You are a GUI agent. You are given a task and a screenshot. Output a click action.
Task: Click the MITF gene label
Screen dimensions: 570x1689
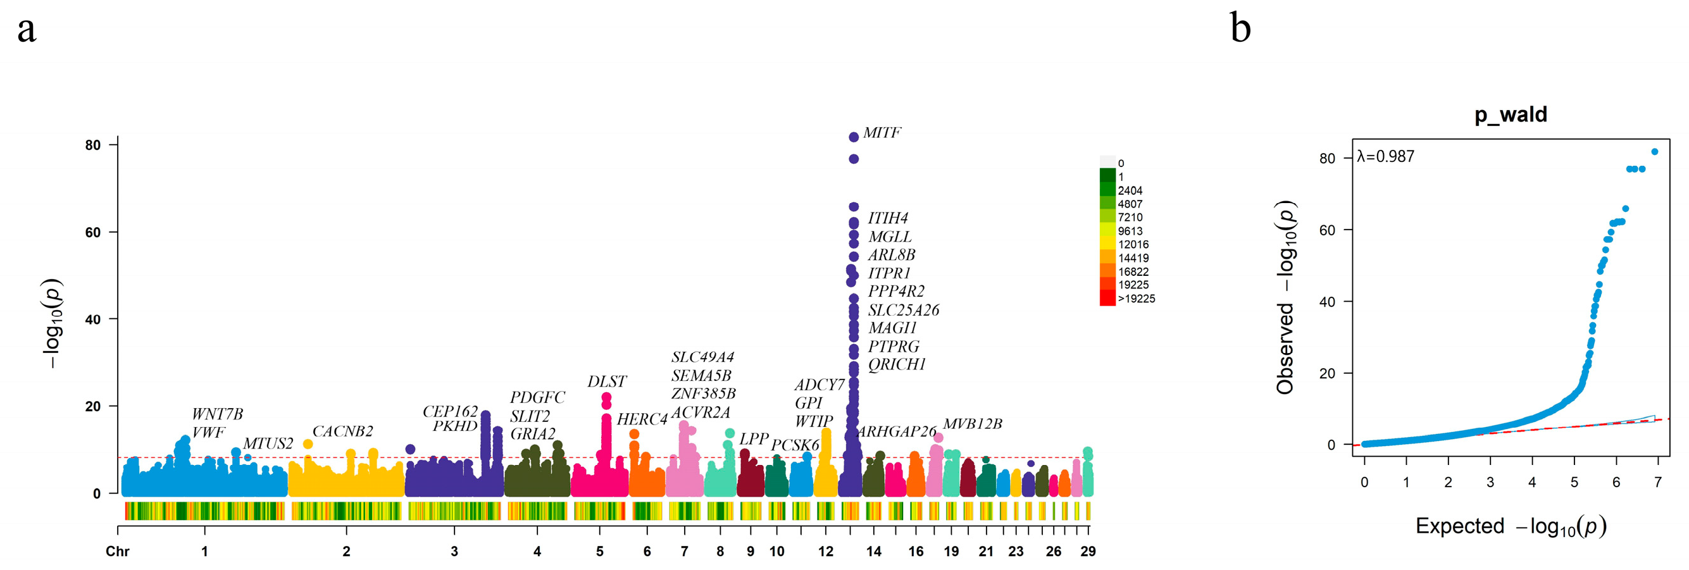coord(882,133)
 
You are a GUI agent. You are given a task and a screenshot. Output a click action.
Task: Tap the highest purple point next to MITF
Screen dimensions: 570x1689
coord(854,137)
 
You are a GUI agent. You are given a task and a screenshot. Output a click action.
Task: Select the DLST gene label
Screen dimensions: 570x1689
coord(606,381)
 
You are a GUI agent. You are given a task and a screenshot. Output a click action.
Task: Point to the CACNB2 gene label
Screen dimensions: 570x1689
coord(342,431)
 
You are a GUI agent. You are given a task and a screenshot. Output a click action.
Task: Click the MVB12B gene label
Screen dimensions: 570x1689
coord(973,424)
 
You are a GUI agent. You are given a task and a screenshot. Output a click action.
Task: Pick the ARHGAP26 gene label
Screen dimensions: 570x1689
coord(897,431)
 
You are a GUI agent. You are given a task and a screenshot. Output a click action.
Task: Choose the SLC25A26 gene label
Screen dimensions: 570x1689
coord(904,310)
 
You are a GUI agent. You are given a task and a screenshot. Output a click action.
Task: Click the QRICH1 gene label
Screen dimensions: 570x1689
coord(896,364)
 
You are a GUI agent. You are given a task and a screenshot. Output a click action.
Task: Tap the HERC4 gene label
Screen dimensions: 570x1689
coord(642,419)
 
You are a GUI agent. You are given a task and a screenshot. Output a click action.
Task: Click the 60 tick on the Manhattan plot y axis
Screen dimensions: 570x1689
coord(92,233)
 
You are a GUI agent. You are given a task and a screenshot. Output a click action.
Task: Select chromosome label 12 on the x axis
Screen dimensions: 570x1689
coord(825,552)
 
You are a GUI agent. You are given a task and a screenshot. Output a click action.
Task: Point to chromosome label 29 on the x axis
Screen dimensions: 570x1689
coord(1088,552)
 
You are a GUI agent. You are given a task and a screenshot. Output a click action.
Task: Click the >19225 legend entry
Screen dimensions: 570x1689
coord(1137,299)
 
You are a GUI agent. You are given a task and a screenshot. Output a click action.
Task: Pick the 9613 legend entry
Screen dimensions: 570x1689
coord(1130,232)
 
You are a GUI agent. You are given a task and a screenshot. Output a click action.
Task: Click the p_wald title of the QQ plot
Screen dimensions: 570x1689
coord(1511,115)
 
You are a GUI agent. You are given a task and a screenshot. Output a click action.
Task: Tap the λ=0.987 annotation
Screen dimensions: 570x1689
coord(1385,157)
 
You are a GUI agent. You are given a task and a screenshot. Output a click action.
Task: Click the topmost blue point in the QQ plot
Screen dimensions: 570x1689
coord(1654,152)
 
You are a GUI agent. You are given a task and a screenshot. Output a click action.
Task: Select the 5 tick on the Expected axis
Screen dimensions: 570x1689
coord(1574,483)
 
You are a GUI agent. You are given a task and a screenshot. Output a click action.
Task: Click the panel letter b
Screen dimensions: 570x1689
coord(1240,29)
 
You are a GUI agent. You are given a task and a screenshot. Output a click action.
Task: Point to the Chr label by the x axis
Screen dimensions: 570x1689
coord(117,552)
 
